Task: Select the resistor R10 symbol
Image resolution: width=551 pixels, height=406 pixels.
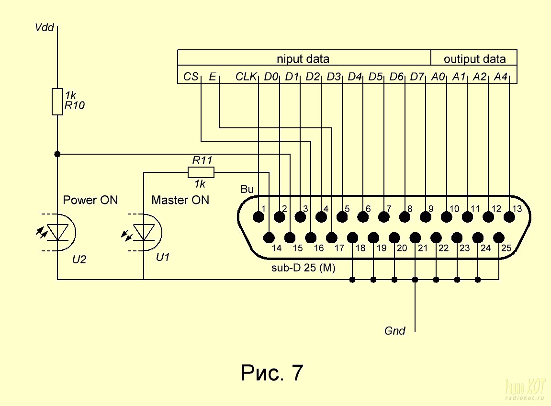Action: click(57, 101)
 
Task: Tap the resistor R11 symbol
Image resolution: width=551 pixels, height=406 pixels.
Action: click(201, 172)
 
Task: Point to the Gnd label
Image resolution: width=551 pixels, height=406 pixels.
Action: click(395, 331)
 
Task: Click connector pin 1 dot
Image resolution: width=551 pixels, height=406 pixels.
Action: click(259, 217)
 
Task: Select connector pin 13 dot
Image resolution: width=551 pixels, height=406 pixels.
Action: click(509, 217)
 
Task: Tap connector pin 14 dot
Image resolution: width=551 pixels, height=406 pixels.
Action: click(269, 237)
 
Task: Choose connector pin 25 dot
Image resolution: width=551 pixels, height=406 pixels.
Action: click(499, 237)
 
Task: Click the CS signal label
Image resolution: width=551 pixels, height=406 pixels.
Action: click(191, 77)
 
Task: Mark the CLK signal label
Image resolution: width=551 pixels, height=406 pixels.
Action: click(247, 77)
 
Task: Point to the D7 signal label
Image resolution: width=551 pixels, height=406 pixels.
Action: click(418, 77)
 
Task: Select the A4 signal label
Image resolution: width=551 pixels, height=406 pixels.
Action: click(501, 77)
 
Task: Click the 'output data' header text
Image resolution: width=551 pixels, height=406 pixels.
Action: click(474, 59)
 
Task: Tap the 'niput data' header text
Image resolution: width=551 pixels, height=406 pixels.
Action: click(303, 59)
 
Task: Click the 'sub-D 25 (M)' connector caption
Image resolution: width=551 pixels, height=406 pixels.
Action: click(304, 268)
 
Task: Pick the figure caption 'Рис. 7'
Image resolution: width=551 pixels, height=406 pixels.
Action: click(272, 373)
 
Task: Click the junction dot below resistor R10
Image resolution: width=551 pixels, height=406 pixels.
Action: click(57, 154)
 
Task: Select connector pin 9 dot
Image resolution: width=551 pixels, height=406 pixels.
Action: click(426, 217)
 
